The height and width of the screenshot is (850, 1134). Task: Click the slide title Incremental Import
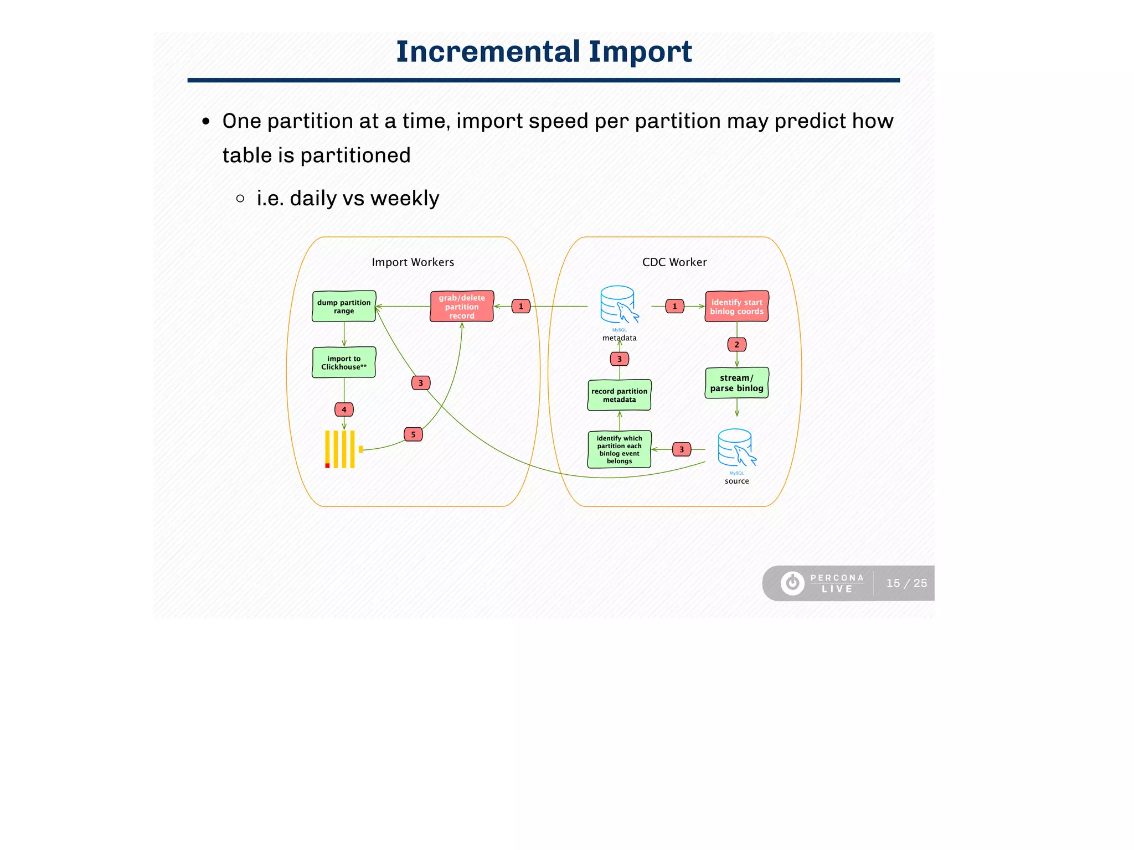pyautogui.click(x=544, y=51)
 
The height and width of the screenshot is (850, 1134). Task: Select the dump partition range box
pyautogui.click(x=344, y=307)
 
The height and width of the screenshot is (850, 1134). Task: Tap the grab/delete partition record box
pyautogui.click(x=462, y=307)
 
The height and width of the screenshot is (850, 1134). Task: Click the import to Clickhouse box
pyautogui.click(x=344, y=362)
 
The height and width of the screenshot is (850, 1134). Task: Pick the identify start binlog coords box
pyautogui.click(x=736, y=307)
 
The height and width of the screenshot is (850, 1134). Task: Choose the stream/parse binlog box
pyautogui.click(x=736, y=383)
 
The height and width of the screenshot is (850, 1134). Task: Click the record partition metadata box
pyautogui.click(x=619, y=395)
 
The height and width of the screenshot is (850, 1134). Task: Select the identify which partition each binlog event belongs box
pyautogui.click(x=619, y=449)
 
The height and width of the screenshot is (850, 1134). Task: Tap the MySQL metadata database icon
pyautogui.click(x=618, y=305)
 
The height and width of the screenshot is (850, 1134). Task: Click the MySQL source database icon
pyautogui.click(x=736, y=448)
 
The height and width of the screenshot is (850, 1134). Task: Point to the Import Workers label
pyautogui.click(x=413, y=262)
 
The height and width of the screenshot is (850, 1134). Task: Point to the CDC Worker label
pyautogui.click(x=674, y=262)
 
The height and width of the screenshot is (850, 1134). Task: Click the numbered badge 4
pyautogui.click(x=344, y=410)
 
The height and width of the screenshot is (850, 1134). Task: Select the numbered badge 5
pyautogui.click(x=413, y=434)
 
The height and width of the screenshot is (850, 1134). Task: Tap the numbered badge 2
pyautogui.click(x=736, y=344)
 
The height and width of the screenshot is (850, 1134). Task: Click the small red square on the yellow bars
pyautogui.click(x=327, y=465)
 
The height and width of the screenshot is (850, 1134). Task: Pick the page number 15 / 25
pyautogui.click(x=906, y=583)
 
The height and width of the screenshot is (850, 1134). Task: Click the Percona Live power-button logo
pyautogui.click(x=792, y=583)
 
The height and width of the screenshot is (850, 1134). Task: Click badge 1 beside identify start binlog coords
pyautogui.click(x=674, y=306)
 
